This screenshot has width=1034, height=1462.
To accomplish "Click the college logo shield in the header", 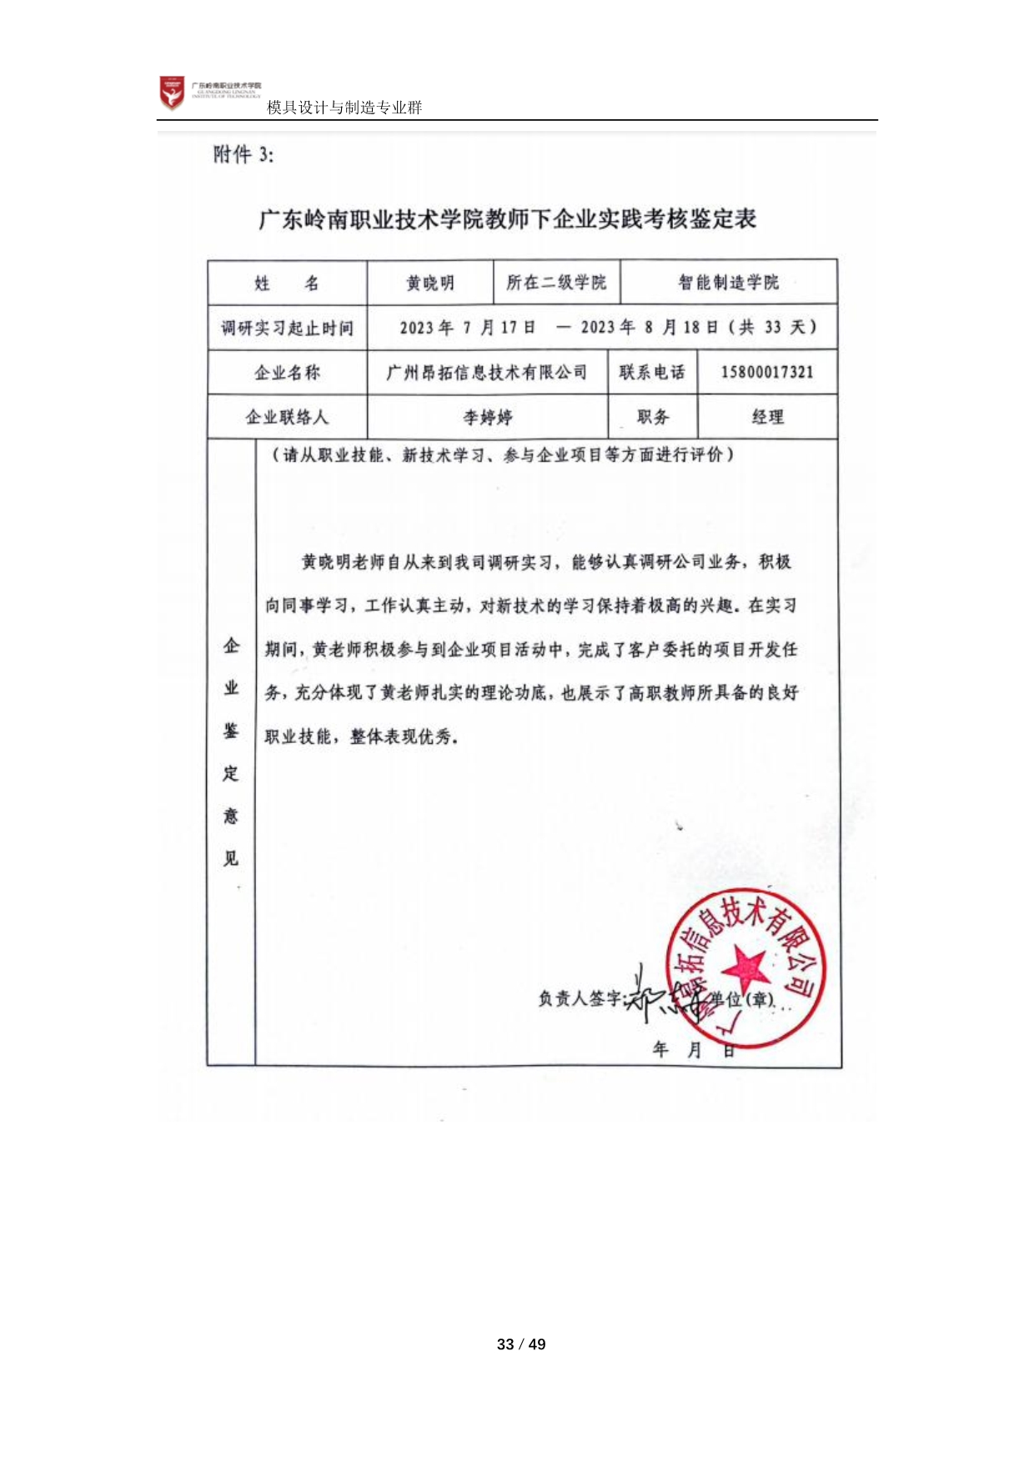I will pos(172,93).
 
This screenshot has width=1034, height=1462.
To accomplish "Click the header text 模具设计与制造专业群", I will pos(344,108).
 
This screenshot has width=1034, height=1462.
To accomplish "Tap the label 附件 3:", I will pos(243,154).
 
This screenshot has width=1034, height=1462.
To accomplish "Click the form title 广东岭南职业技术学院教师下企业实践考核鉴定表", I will pos(507,219).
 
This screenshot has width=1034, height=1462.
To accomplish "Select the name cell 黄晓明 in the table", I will pos(430,284).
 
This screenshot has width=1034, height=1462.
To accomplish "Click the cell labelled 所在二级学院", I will pos(556,283).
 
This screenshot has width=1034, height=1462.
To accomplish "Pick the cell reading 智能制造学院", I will pos(728,283).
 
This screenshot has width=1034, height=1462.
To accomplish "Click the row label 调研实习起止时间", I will pos(287,328).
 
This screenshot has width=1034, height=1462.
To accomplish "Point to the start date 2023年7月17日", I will pos(467,328).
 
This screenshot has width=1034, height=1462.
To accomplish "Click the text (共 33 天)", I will pos(772,327).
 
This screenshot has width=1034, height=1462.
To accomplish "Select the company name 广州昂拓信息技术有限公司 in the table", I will pos(487,372).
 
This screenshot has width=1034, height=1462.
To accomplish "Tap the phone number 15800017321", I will pos(766,372).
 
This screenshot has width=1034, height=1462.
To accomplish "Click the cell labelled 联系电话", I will pos(652,372).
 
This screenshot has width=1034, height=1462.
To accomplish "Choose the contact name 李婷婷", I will pos(488,417).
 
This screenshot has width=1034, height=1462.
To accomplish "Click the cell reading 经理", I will pos(767,417).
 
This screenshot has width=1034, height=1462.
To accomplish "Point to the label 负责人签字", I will pos(580,998).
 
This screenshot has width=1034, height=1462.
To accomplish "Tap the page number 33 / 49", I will pos(521,1344).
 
